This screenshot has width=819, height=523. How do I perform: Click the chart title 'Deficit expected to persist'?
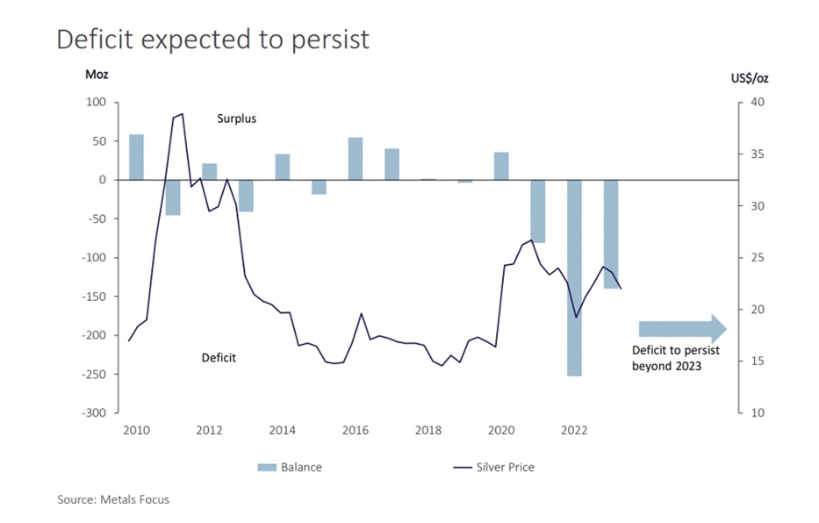pos(213,39)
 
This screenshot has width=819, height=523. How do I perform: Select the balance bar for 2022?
pos(575,277)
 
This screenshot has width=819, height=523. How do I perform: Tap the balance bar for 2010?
pos(136,157)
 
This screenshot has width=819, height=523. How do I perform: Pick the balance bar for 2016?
pos(356,159)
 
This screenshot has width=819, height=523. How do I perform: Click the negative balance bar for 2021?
pos(538,211)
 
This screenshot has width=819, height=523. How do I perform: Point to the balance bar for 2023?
pos(611,234)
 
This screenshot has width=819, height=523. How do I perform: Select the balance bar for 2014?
pos(283,167)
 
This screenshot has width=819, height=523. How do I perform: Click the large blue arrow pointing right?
pos(682,329)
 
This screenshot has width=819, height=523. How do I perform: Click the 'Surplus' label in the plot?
pos(237,118)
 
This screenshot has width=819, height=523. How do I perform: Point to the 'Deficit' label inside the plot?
pos(219,357)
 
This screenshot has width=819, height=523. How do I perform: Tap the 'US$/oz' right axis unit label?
pos(749,78)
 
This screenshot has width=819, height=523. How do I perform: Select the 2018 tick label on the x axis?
pos(428,431)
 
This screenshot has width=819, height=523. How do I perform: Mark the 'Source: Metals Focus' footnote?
pos(113,499)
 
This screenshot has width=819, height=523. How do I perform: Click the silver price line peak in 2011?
pos(182,113)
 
